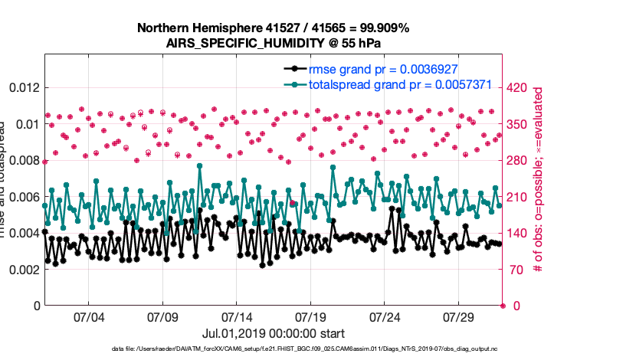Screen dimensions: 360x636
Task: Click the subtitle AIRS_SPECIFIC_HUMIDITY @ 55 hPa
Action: [274, 43]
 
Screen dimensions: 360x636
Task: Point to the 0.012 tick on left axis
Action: [22, 87]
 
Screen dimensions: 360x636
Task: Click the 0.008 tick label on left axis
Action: [22, 160]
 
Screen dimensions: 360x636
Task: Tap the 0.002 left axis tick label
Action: [22, 270]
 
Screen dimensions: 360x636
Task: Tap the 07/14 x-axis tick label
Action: [237, 317]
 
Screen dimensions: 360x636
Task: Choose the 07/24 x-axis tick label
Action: [385, 317]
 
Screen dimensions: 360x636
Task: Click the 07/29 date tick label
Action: [460, 317]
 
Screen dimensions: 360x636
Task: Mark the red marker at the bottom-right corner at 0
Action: [503, 306]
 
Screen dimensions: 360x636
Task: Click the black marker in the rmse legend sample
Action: [294, 69]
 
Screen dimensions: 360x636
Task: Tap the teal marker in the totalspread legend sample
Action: [294, 84]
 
